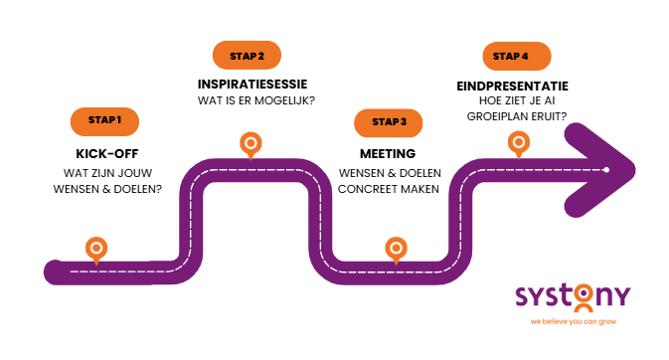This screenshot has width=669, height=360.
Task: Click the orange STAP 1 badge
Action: click(104, 120)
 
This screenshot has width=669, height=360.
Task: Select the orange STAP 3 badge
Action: click(389, 122)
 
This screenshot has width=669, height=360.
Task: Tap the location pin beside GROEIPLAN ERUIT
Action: click(518, 144)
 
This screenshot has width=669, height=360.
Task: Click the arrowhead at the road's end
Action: click(611, 170)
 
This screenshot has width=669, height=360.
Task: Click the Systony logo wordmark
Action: click(573, 297)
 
